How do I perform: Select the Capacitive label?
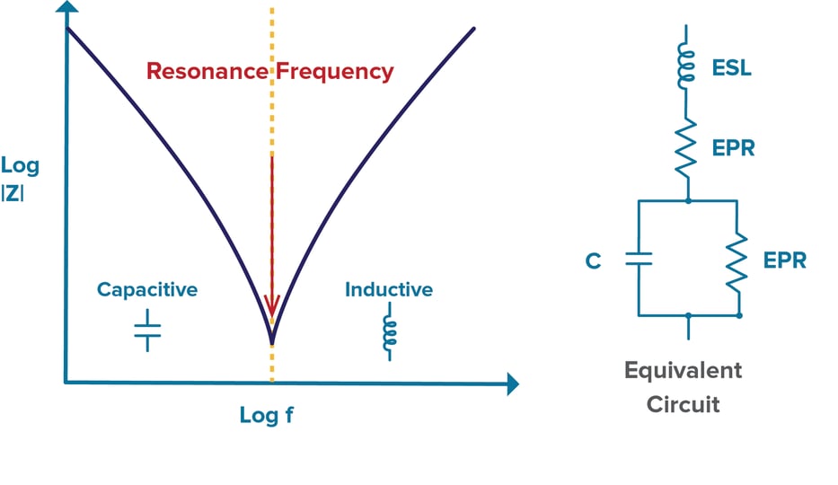pos(147,290)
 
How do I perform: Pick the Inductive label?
pos(389,290)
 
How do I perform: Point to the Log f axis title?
pos(267,416)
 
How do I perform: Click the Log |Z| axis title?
pos(21,178)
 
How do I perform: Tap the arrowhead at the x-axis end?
pos(511,384)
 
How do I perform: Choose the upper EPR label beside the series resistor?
pos(733,148)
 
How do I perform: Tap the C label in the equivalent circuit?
pos(593,261)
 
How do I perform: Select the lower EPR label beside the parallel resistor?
pos(784,261)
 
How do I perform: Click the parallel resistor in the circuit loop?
pos(738,261)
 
